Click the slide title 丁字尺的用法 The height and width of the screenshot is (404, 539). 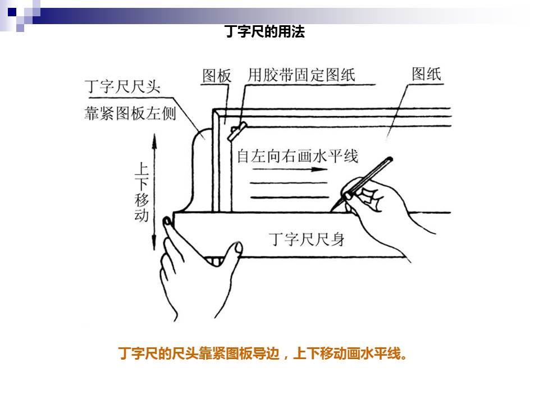click(x=264, y=31)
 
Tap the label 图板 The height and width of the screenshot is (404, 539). click(x=217, y=76)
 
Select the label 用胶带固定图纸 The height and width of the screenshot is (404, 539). click(x=302, y=75)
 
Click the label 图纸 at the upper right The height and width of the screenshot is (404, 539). click(x=426, y=74)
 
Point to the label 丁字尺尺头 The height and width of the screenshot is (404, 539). click(x=123, y=86)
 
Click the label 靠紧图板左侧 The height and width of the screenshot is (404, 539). click(x=130, y=113)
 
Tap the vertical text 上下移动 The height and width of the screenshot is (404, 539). click(x=141, y=192)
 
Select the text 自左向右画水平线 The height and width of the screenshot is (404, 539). click(x=298, y=157)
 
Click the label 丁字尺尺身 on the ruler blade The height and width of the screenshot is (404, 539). click(x=307, y=239)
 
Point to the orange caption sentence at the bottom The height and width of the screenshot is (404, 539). click(x=263, y=353)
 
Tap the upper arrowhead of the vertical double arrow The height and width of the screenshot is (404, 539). click(x=154, y=141)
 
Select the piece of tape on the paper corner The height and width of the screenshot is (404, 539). click(x=237, y=131)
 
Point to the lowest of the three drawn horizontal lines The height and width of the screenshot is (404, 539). click(x=290, y=198)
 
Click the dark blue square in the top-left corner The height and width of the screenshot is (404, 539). click(x=12, y=12)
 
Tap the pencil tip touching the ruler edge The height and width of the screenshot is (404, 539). click(x=332, y=210)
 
